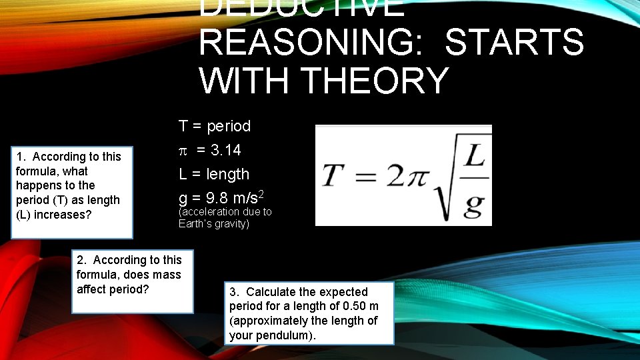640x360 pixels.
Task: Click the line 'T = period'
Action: (215, 126)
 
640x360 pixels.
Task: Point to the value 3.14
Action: (224, 151)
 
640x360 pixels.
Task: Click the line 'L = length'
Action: (214, 174)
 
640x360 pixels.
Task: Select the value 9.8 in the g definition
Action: (211, 198)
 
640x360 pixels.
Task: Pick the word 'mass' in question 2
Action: (167, 275)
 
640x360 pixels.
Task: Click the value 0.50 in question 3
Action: (353, 306)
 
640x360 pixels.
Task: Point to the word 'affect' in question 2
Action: (94, 289)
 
